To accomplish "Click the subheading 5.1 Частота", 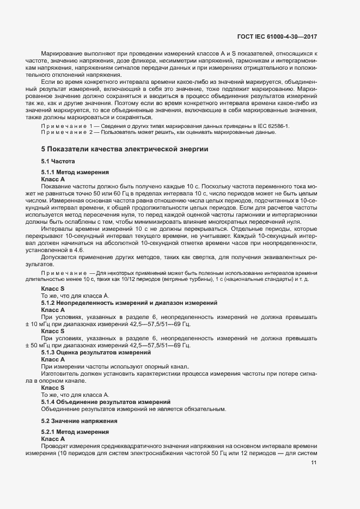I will click(x=58, y=162).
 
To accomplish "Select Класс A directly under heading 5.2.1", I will click(x=53, y=438).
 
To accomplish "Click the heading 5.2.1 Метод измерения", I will click(x=76, y=432).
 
